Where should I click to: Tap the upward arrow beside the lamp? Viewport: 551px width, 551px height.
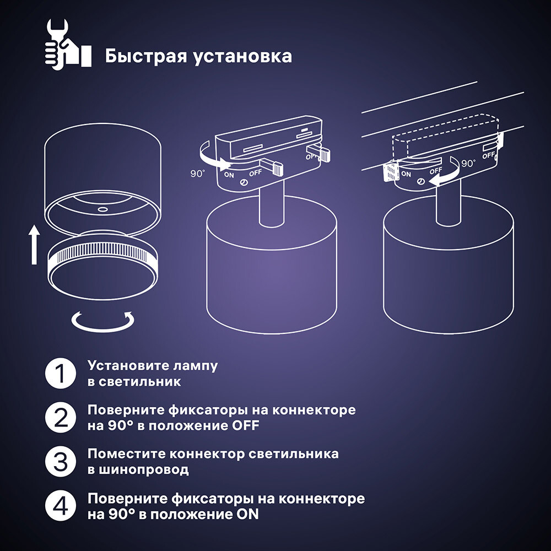coord(34,245)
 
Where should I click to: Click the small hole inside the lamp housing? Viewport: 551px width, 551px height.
coord(102,210)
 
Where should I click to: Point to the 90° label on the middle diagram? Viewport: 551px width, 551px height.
coord(197,173)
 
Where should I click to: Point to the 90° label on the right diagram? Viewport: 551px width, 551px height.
coord(468,164)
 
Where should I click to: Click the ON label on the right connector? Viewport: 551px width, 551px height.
coord(406,174)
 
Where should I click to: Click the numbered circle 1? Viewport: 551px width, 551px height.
coord(60,374)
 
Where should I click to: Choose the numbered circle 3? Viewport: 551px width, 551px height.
coord(60,462)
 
